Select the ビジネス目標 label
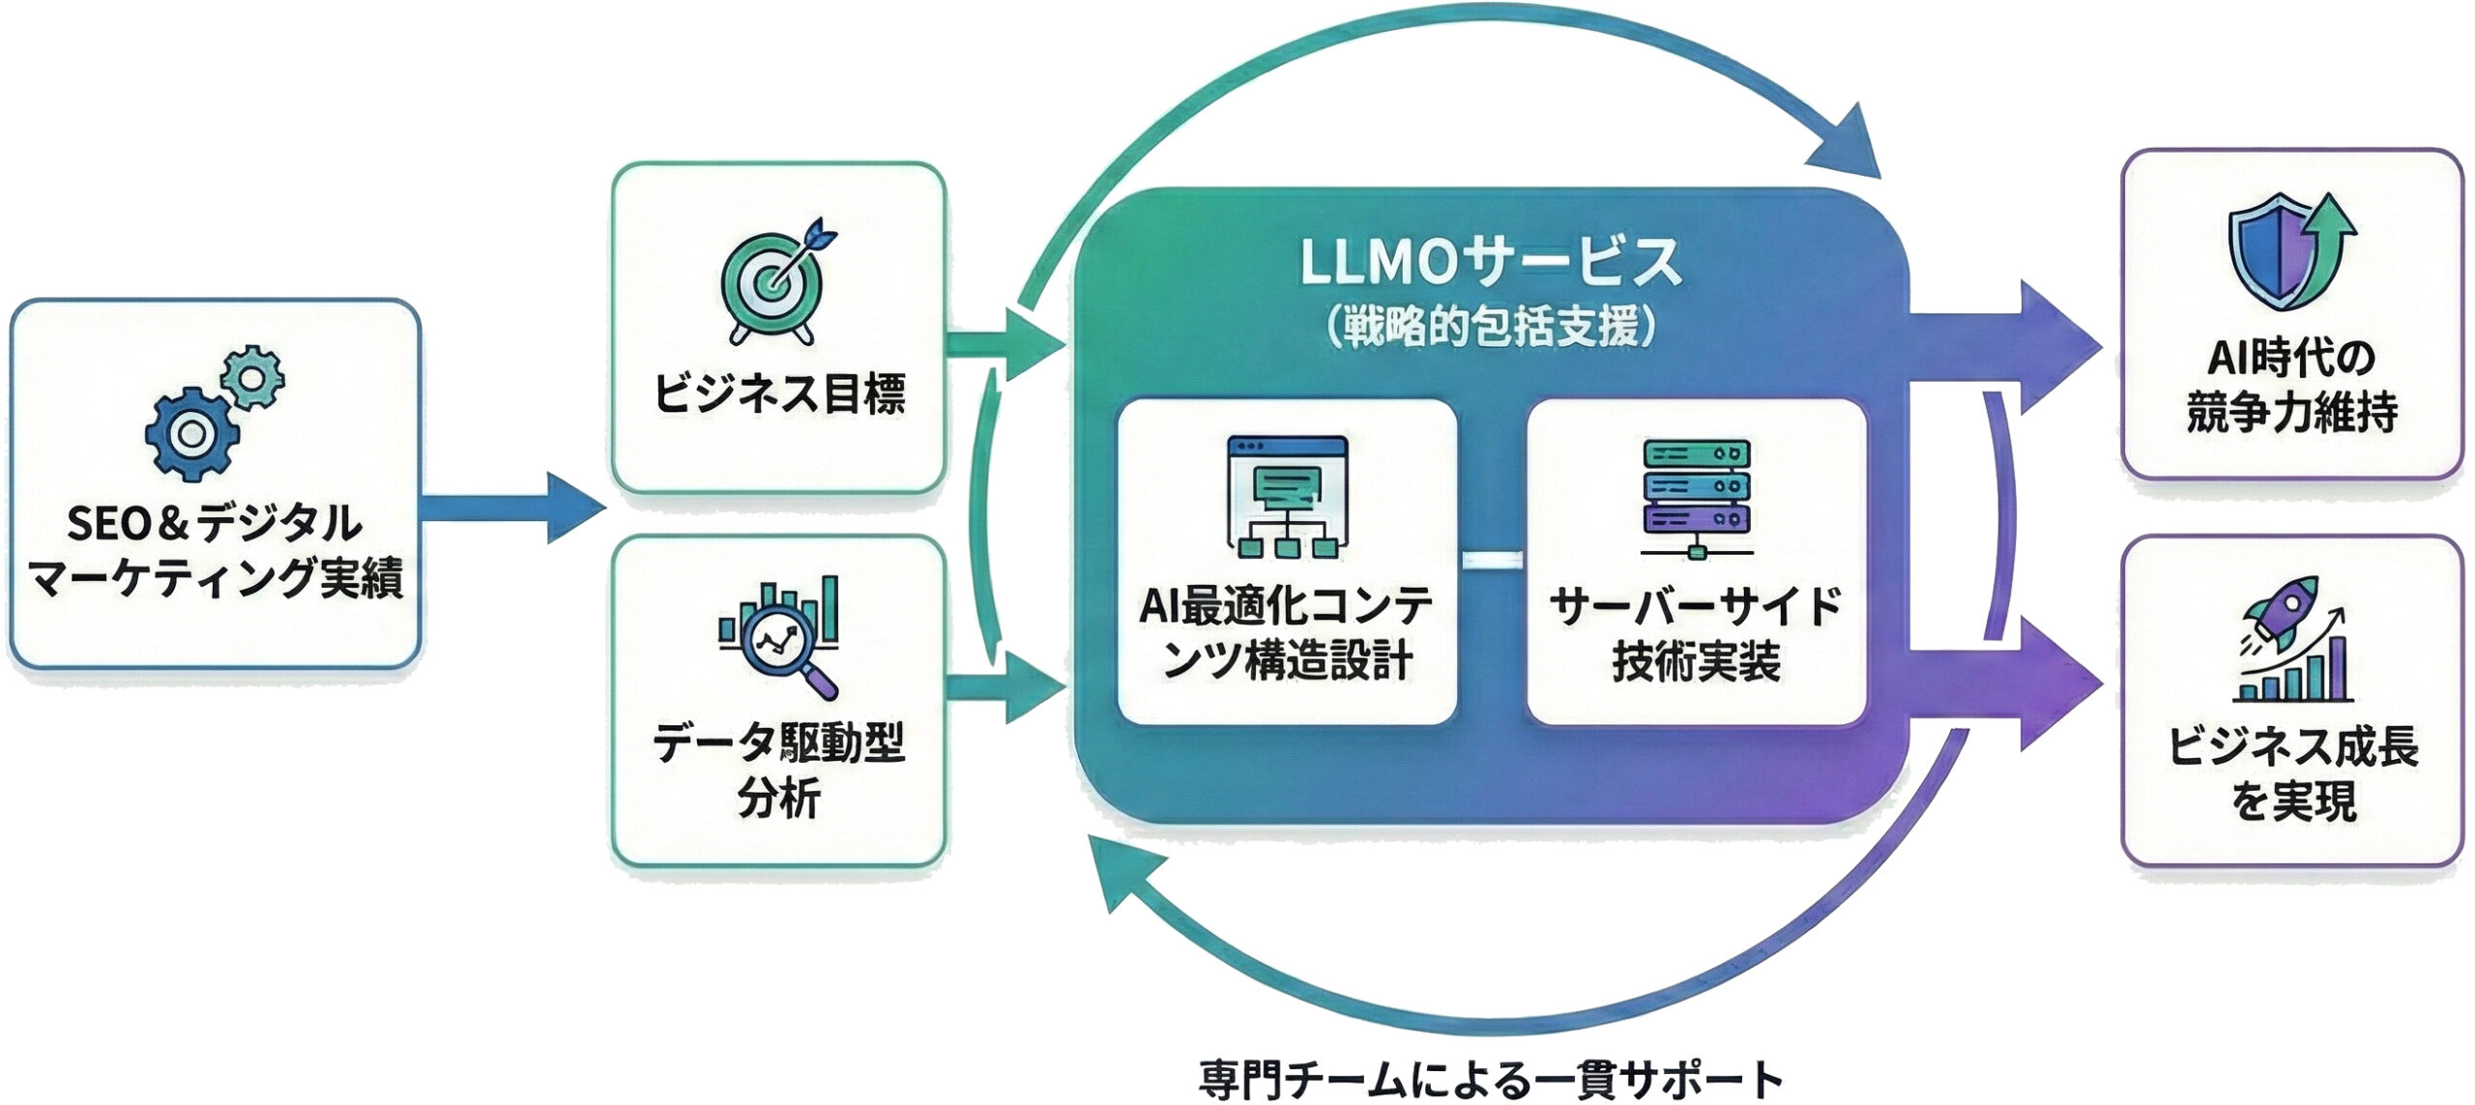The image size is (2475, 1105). tap(779, 394)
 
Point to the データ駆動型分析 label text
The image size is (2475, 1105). tap(779, 771)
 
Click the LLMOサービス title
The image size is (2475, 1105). tap(1490, 263)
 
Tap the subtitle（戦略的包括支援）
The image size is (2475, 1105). tap(1490, 327)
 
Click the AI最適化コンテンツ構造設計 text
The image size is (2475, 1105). tap(1287, 633)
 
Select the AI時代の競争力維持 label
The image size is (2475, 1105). tap(2292, 385)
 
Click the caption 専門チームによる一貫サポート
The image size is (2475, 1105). tap(1490, 1078)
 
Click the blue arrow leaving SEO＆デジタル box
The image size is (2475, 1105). tap(512, 508)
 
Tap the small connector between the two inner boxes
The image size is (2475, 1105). tap(1492, 560)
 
